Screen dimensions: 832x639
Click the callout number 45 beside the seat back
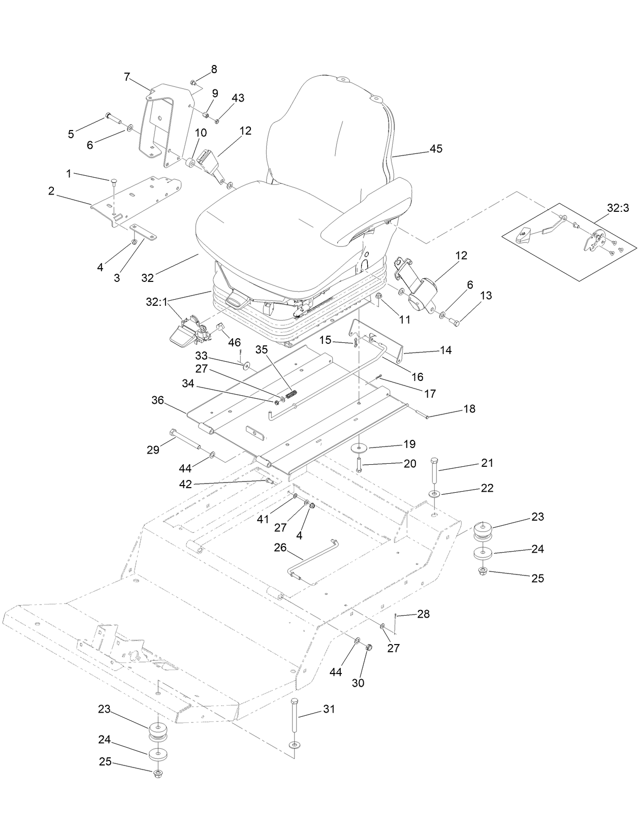(x=436, y=148)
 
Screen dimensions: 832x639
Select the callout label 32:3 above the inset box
(x=618, y=208)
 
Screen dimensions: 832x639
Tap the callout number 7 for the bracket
(x=127, y=77)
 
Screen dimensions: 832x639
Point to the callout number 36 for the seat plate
(x=157, y=400)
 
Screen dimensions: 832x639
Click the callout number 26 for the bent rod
(x=280, y=548)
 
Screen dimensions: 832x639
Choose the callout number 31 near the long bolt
(x=329, y=709)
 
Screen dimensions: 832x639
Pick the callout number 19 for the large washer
(x=409, y=444)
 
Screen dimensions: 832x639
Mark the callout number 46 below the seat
(x=234, y=342)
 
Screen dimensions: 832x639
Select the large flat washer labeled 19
(x=360, y=448)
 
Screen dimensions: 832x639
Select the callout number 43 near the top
(x=238, y=98)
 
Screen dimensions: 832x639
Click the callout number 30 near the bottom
(x=358, y=683)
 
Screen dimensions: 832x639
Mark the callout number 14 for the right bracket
(x=445, y=350)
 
